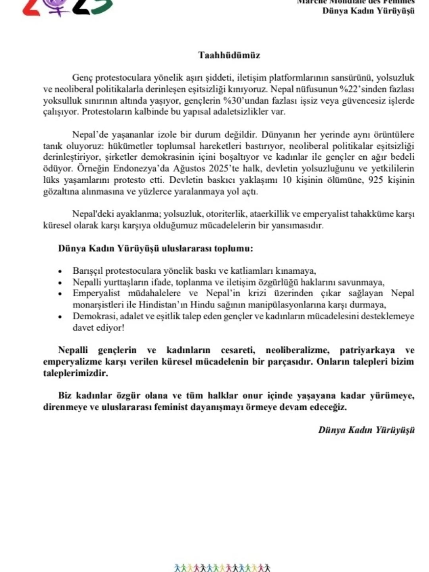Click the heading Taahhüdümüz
pos(229,55)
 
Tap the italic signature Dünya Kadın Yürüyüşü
pos(366,430)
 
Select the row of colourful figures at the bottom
pos(222,568)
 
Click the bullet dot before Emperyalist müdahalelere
pos(60,294)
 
